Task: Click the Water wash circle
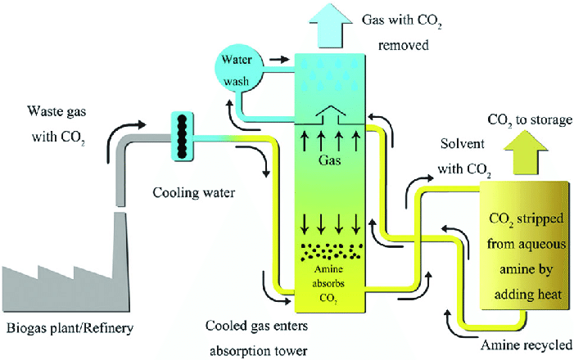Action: pyautogui.click(x=238, y=70)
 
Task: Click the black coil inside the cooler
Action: pyautogui.click(x=182, y=137)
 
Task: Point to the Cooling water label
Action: pyautogui.click(x=193, y=193)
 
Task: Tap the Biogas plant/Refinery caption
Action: pyautogui.click(x=70, y=328)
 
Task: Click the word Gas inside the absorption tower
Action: pyautogui.click(x=329, y=160)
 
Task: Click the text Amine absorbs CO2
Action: pyautogui.click(x=328, y=284)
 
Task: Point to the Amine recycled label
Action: pyautogui.click(x=526, y=345)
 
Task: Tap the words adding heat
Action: pyautogui.click(x=528, y=295)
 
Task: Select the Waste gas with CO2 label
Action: pyautogui.click(x=58, y=124)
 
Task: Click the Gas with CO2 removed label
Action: pyautogui.click(x=401, y=32)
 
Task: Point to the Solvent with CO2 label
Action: pyautogui.click(x=464, y=156)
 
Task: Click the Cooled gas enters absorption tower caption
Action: pyautogui.click(x=257, y=338)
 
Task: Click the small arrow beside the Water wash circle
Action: pyautogui.click(x=279, y=59)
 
